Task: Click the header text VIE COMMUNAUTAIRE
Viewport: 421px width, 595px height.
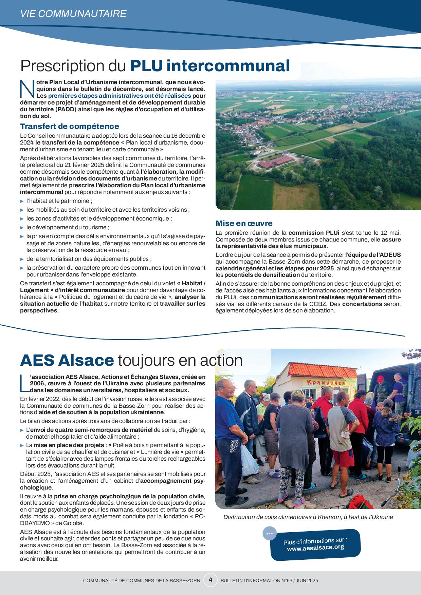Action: click(73, 14)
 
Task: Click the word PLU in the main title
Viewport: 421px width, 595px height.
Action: click(146, 66)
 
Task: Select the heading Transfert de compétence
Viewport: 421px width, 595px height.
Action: click(70, 127)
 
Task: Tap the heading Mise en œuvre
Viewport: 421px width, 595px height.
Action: click(244, 223)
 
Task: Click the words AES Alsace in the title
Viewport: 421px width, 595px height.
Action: click(67, 360)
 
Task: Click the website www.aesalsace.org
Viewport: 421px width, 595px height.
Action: click(315, 548)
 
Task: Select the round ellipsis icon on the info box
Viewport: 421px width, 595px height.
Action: click(270, 533)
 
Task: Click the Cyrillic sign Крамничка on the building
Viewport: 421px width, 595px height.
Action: click(326, 383)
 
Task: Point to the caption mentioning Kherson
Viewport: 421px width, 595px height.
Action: click(308, 517)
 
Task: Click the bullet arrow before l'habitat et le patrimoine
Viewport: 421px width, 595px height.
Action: click(22, 201)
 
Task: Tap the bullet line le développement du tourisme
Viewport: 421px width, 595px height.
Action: click(68, 227)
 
